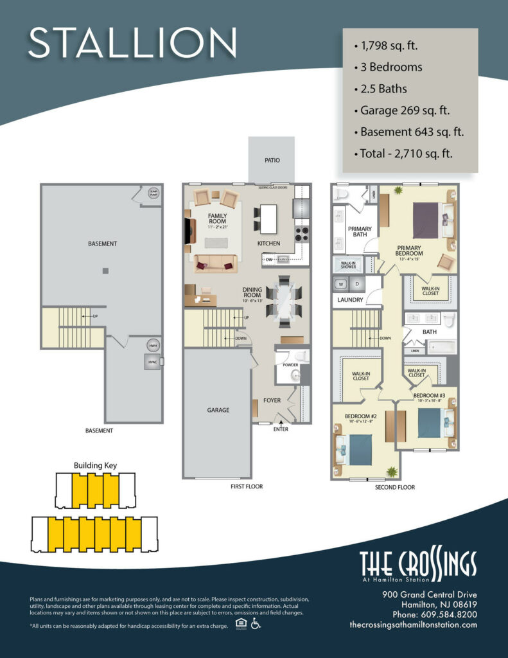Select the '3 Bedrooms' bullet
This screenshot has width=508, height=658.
pos(387,67)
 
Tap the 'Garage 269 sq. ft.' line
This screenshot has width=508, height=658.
pos(405,110)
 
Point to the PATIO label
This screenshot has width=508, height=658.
pos(272,161)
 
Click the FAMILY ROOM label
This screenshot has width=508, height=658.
pos(217,218)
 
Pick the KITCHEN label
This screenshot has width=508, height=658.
pos(268,244)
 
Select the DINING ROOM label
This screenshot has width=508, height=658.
pos(251,292)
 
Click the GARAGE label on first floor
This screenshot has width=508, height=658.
pos(218,410)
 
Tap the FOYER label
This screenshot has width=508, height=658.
pos(272,400)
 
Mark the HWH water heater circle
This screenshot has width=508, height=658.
pos(153,344)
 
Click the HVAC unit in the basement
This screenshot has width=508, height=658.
pos(153,362)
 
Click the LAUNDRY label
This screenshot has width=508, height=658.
pos(350,299)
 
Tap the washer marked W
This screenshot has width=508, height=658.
pos(341,284)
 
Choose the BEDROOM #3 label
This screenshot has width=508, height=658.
pos(429,395)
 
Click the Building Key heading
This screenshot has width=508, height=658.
pos(95,465)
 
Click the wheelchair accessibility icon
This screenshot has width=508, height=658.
pos(256,623)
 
